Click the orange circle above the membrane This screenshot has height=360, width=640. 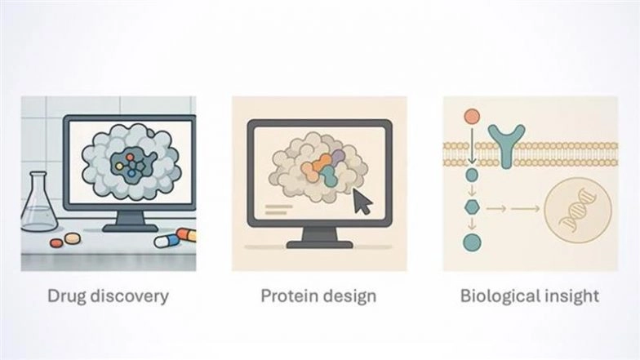(x=472, y=117)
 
